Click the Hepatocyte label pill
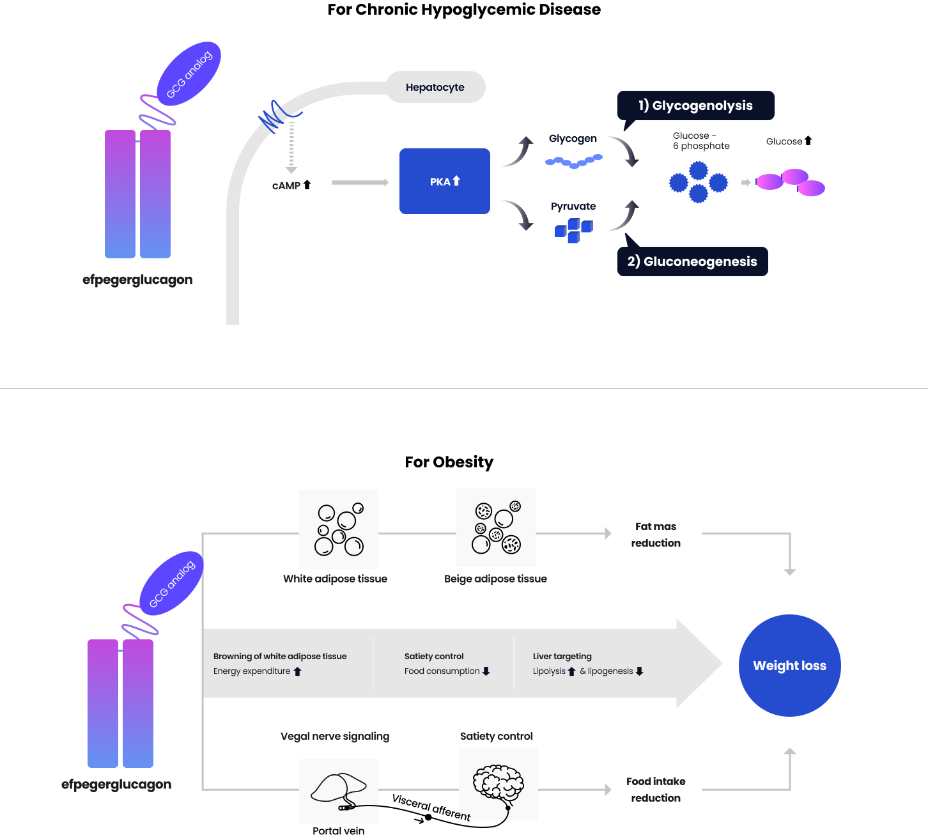(435, 87)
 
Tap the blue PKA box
(444, 182)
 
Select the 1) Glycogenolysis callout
(695, 105)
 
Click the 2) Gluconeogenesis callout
(692, 261)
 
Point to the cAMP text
(286, 185)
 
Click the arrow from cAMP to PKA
(360, 183)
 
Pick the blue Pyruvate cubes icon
(573, 230)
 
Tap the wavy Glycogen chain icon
(573, 161)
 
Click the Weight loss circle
(789, 666)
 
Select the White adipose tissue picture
(339, 529)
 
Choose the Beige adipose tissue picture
(496, 527)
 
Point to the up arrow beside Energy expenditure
(298, 671)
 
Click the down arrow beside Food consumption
(486, 671)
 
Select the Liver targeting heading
(562, 656)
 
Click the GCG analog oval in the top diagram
(189, 74)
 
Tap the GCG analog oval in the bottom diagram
(171, 584)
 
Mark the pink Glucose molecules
(791, 182)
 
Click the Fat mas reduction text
(656, 535)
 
